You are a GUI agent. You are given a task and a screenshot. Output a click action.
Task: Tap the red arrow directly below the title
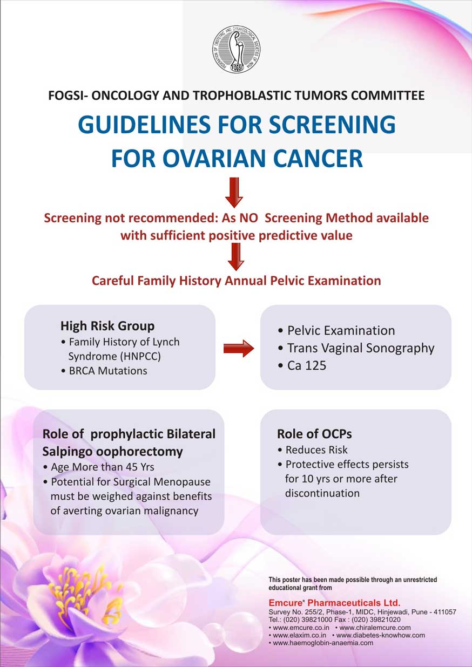tap(234, 192)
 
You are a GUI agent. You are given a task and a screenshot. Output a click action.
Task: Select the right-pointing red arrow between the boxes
tap(238, 349)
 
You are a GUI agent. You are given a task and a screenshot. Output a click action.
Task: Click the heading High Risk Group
tap(107, 326)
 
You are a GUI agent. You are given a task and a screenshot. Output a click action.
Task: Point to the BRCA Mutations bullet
tap(107, 371)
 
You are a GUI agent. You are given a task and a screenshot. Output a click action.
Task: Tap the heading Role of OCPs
tap(307, 434)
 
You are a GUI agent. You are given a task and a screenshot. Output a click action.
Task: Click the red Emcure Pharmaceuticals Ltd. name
tap(334, 602)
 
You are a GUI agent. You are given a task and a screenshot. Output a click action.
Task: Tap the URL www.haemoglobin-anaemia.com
tap(322, 643)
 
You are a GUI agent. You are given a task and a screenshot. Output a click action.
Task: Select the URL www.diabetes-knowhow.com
tap(380, 635)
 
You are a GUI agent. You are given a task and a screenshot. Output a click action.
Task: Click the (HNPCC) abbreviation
tap(115, 357)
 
